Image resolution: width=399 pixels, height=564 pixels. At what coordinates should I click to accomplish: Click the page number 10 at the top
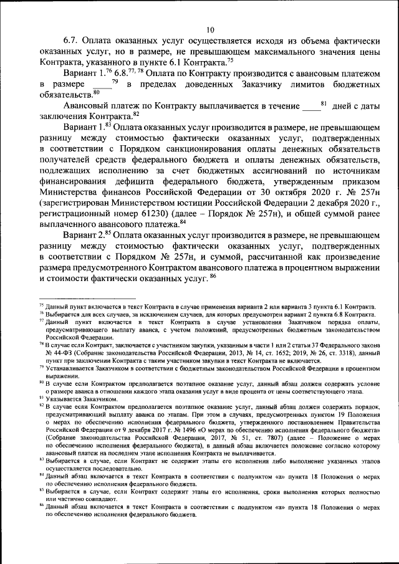(x=211, y=30)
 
